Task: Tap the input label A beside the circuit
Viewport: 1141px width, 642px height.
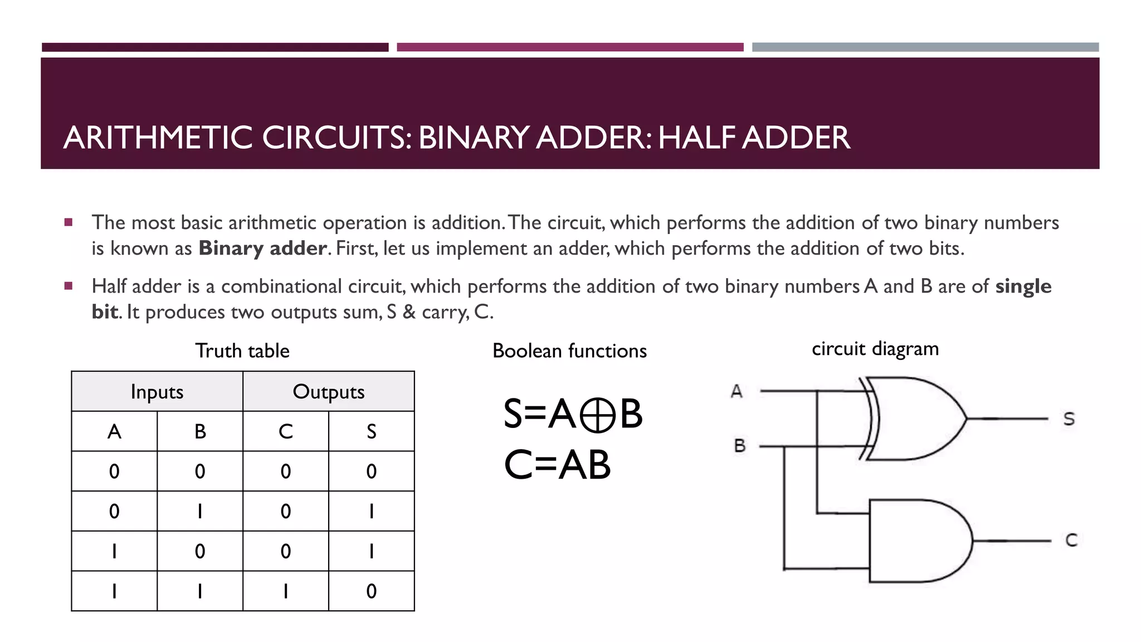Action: point(737,391)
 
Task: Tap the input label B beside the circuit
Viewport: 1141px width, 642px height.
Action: point(739,446)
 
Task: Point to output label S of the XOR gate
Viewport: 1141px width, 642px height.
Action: point(1069,419)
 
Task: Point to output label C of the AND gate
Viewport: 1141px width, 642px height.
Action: point(1071,540)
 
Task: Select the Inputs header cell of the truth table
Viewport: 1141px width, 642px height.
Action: point(157,392)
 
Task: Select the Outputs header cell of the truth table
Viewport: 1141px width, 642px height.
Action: point(329,392)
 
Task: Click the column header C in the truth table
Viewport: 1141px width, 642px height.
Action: point(286,431)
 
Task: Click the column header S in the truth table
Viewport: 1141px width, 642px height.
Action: point(372,431)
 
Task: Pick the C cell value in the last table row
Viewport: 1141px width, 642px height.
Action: point(286,591)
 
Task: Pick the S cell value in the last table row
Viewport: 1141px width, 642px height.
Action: point(372,591)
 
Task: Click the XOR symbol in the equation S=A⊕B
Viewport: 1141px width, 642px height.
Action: point(597,415)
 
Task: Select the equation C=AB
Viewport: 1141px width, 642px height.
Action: point(557,465)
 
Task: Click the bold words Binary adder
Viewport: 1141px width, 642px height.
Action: point(262,248)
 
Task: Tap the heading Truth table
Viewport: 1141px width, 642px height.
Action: point(242,351)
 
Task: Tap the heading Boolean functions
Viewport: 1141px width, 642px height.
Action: point(569,351)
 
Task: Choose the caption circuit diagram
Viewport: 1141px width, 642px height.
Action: point(875,349)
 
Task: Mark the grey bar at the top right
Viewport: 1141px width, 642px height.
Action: point(925,47)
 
